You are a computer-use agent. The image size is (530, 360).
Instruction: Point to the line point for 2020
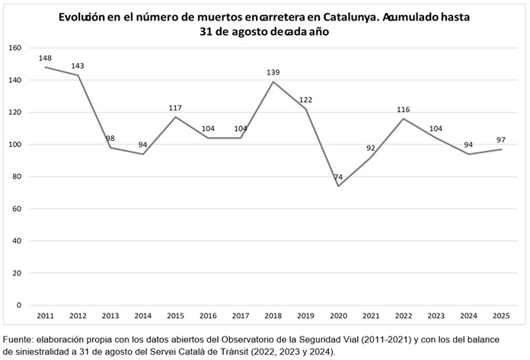tap(338, 186)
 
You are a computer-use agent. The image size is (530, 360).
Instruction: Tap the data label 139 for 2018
tap(273, 72)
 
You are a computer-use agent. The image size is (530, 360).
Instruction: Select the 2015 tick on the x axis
tap(175, 315)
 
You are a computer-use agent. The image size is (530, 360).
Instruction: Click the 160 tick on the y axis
tap(14, 48)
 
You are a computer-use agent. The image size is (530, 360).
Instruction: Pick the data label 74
tap(338, 177)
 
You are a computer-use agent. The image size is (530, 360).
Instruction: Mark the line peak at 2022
tap(404, 119)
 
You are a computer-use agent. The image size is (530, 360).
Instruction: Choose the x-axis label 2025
tap(500, 315)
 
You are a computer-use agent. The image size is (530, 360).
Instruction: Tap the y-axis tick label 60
tap(17, 209)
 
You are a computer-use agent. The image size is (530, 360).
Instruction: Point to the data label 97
tap(500, 140)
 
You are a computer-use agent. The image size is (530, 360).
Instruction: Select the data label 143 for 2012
tap(78, 65)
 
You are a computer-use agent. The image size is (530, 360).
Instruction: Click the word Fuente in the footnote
tap(21, 338)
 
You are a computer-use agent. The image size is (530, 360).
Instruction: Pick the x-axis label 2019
tap(305, 315)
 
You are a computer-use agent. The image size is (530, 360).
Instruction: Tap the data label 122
tap(305, 100)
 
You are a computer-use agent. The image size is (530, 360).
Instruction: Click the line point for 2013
tap(110, 148)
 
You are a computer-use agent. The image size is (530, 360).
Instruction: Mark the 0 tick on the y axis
tap(19, 305)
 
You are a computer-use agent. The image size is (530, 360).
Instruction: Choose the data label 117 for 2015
tap(175, 108)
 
